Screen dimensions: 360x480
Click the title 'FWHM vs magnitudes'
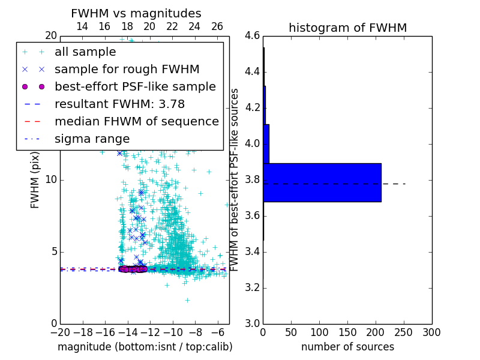(136, 13)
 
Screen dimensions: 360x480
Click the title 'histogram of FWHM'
(347, 28)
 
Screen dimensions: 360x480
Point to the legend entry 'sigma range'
(92, 139)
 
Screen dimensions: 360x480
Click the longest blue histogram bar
(322, 182)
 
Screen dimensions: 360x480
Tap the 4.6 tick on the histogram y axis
(252, 36)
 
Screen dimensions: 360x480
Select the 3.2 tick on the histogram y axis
(252, 287)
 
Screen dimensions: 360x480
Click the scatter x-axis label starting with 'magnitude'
(145, 347)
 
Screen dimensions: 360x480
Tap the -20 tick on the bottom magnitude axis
(60, 331)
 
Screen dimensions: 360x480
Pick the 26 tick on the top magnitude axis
(217, 26)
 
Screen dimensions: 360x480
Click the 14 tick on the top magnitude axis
(82, 26)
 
